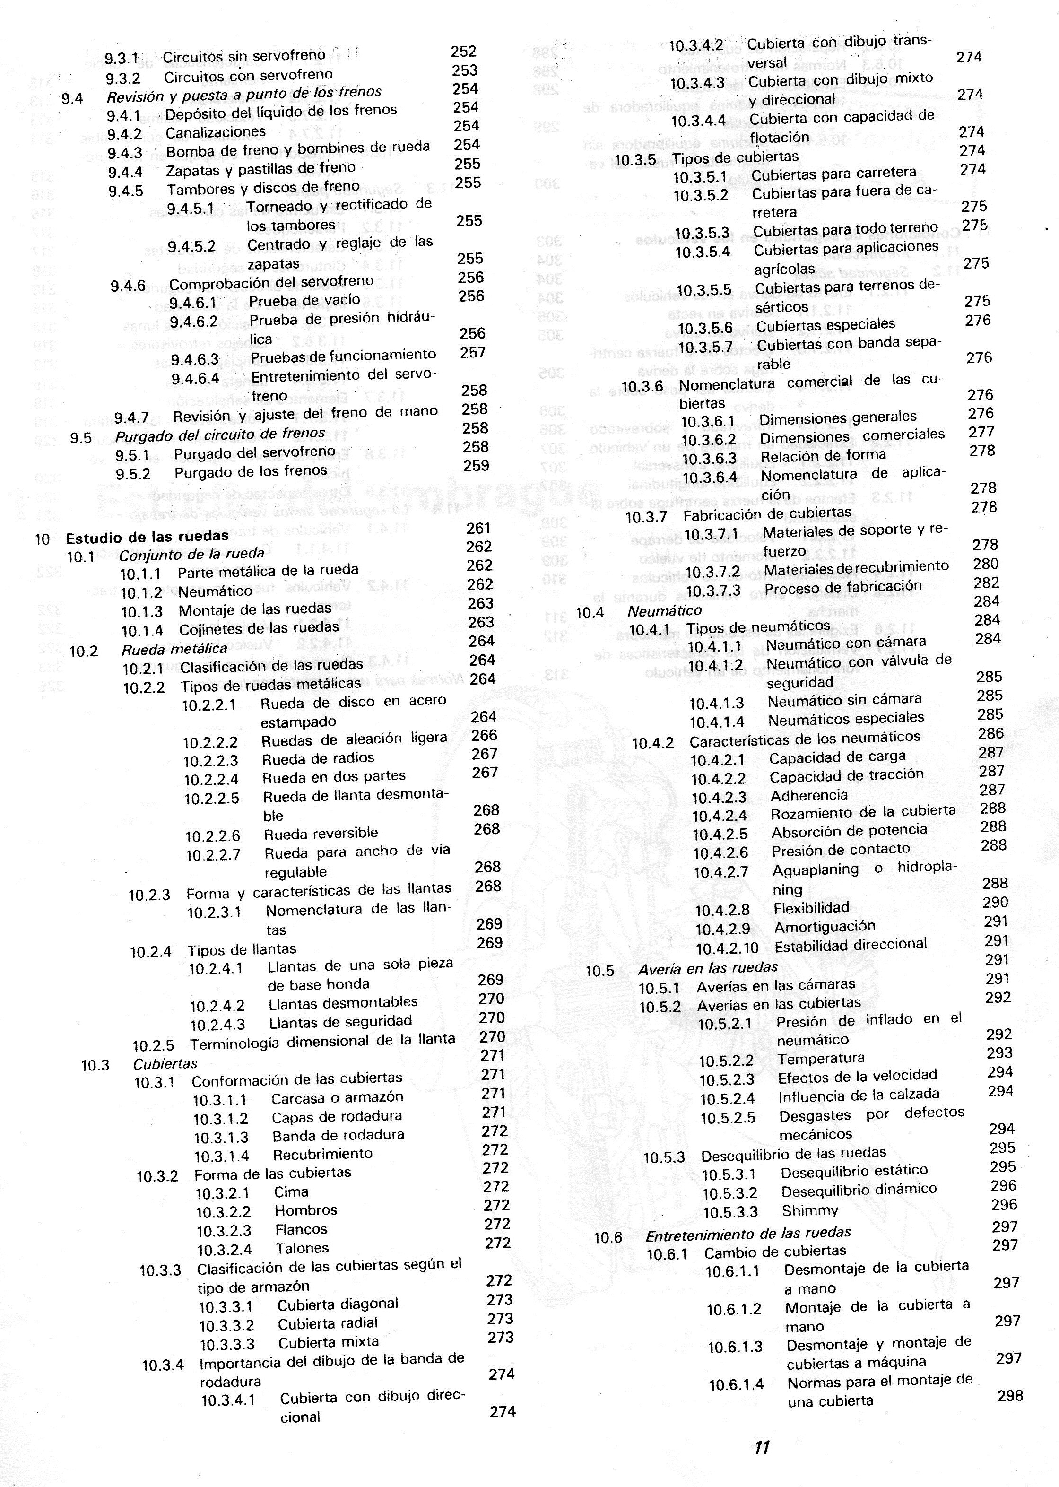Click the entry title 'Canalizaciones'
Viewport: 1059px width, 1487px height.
[x=215, y=132]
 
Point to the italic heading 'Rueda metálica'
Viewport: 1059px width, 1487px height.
[x=174, y=649]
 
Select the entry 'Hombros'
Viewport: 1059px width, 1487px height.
[x=306, y=1210]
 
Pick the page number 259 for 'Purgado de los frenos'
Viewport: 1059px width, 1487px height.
[x=477, y=466]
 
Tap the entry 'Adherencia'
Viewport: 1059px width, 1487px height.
[x=808, y=795]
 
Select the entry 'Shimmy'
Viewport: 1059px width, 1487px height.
[x=809, y=1211]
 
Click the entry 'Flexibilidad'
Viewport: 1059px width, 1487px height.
[x=811, y=908]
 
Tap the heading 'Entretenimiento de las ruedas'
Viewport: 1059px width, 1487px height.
[x=748, y=1233]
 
